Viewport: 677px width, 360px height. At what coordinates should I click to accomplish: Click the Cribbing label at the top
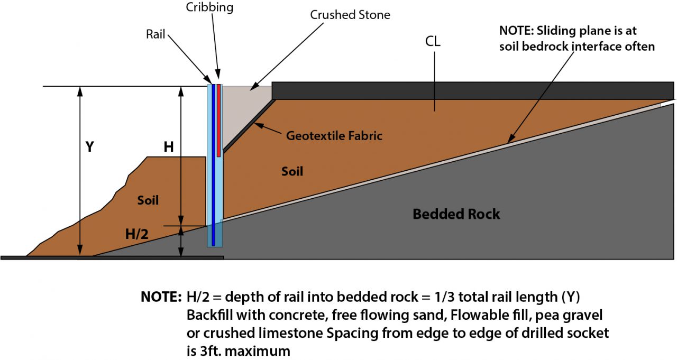point(209,8)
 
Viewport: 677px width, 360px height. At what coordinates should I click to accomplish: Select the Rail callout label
point(155,34)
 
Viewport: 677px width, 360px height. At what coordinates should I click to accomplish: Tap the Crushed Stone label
point(350,15)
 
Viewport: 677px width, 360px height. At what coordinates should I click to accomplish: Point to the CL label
point(433,42)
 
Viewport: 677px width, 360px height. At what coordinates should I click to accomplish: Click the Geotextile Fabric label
point(334,136)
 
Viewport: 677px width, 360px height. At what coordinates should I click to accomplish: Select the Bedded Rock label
point(456,214)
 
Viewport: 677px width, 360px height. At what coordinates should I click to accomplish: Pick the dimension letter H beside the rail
point(169,147)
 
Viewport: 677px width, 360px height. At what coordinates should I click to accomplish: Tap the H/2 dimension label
point(136,234)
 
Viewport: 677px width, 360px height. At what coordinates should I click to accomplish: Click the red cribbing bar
point(218,119)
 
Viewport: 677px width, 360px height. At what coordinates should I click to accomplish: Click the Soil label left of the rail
point(148,200)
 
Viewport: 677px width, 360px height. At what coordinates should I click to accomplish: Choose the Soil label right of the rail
point(292,172)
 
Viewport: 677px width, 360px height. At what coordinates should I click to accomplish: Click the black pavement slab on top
point(471,90)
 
